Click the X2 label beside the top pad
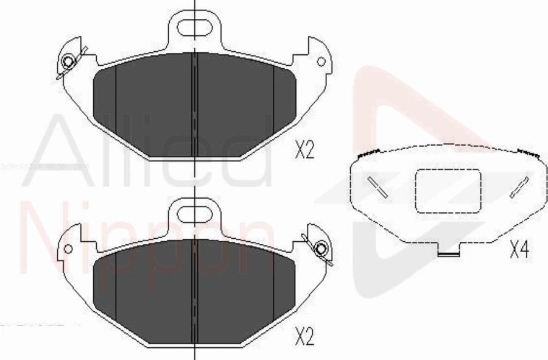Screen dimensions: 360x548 coord(304,149)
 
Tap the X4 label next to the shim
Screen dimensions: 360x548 coord(518,249)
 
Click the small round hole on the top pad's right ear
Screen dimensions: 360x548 coord(321,62)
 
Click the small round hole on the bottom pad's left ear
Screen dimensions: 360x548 coord(68,249)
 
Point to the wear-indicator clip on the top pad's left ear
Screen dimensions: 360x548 coord(69,62)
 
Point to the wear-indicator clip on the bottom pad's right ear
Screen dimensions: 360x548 coord(320,249)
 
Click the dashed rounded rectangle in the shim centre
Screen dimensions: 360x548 coord(448,191)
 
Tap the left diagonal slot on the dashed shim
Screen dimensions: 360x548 coord(378,186)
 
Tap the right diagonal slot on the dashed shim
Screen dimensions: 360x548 coord(519,186)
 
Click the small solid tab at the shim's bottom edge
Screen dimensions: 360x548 coord(449,252)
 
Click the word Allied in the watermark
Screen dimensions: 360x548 coord(146,152)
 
